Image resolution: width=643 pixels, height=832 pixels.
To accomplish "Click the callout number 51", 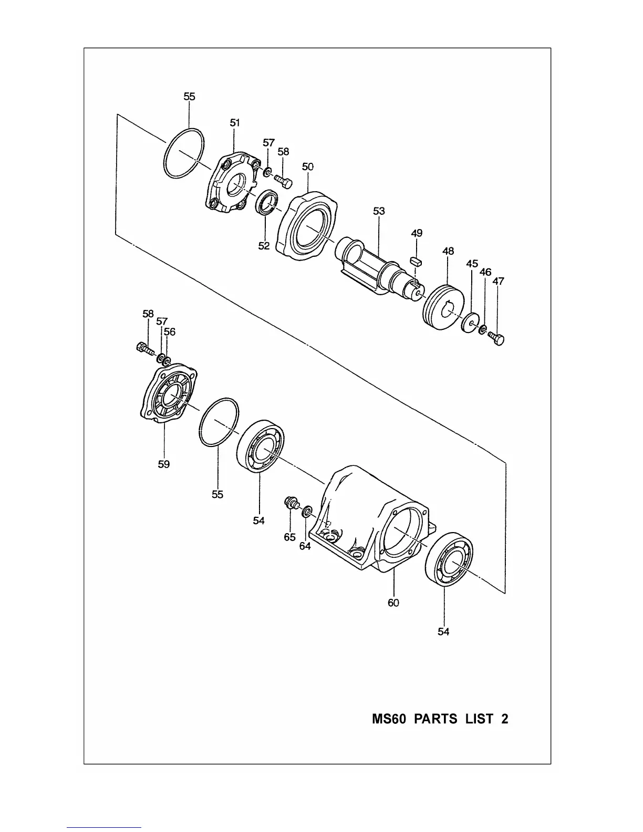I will pyautogui.click(x=235, y=122).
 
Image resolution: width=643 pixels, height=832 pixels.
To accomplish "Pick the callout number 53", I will pyautogui.click(x=379, y=211).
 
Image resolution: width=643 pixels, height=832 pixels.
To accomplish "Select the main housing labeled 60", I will pyautogui.click(x=368, y=520).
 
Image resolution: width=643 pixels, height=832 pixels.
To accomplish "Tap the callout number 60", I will pyautogui.click(x=393, y=603).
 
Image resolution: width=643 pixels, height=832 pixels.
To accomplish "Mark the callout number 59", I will pyautogui.click(x=164, y=464).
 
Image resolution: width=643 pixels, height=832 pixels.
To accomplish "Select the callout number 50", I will pyautogui.click(x=308, y=167).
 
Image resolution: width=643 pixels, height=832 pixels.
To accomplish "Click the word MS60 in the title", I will pyautogui.click(x=389, y=719).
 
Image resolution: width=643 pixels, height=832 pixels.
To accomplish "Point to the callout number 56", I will pyautogui.click(x=169, y=332).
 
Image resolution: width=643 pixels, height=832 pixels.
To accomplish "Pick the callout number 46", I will pyautogui.click(x=485, y=272).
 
